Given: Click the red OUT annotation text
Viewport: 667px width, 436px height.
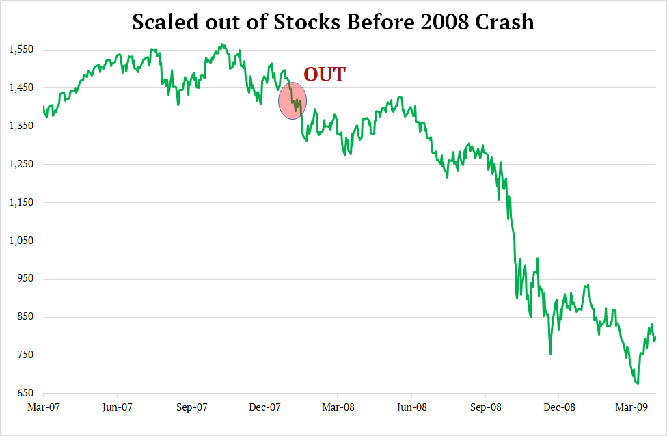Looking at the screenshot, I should [325, 74].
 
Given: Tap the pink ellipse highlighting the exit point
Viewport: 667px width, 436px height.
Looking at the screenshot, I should [292, 101].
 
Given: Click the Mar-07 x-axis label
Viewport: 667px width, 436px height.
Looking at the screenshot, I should [43, 407].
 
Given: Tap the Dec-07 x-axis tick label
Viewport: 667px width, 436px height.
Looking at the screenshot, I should [264, 407].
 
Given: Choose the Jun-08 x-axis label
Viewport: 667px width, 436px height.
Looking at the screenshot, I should [411, 407].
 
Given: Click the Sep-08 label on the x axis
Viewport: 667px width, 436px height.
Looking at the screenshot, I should [485, 407].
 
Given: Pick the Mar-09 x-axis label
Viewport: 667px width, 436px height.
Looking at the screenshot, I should [631, 407].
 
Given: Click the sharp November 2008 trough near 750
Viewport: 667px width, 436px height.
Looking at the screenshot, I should [550, 354].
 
